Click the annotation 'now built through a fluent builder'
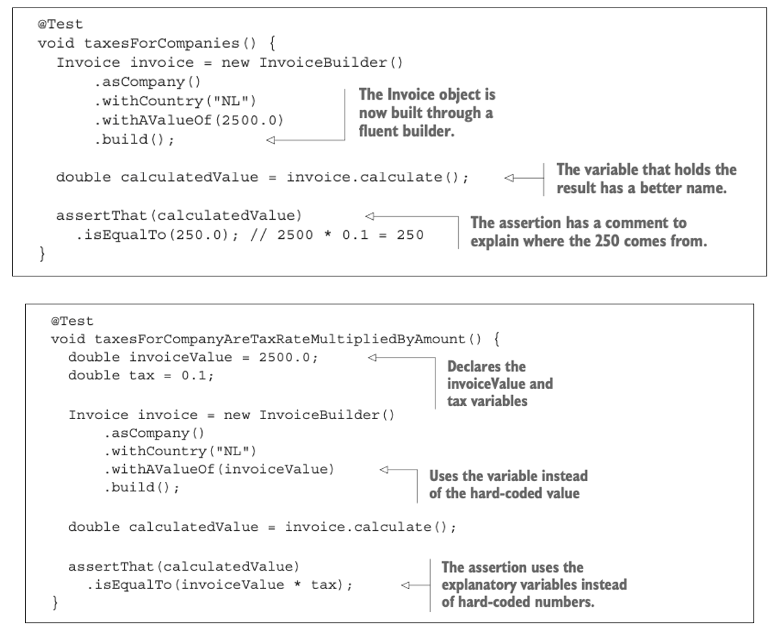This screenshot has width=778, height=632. pos(426,121)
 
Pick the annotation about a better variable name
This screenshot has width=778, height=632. pos(646,179)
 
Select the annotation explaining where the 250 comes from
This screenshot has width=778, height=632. pos(588,233)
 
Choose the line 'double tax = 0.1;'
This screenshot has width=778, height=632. pos(120,376)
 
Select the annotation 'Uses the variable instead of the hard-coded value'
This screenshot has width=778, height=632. pos(508,484)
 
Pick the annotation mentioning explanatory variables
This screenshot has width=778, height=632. pos(534,585)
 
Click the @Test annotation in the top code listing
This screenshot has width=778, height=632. pos(60,24)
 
